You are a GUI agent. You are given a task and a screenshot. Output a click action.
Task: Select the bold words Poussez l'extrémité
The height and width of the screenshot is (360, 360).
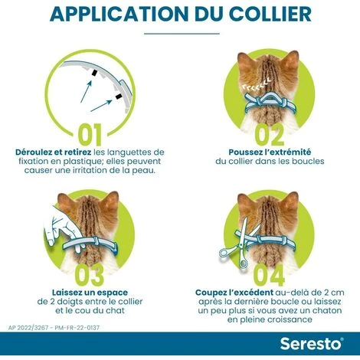tap(269, 152)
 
